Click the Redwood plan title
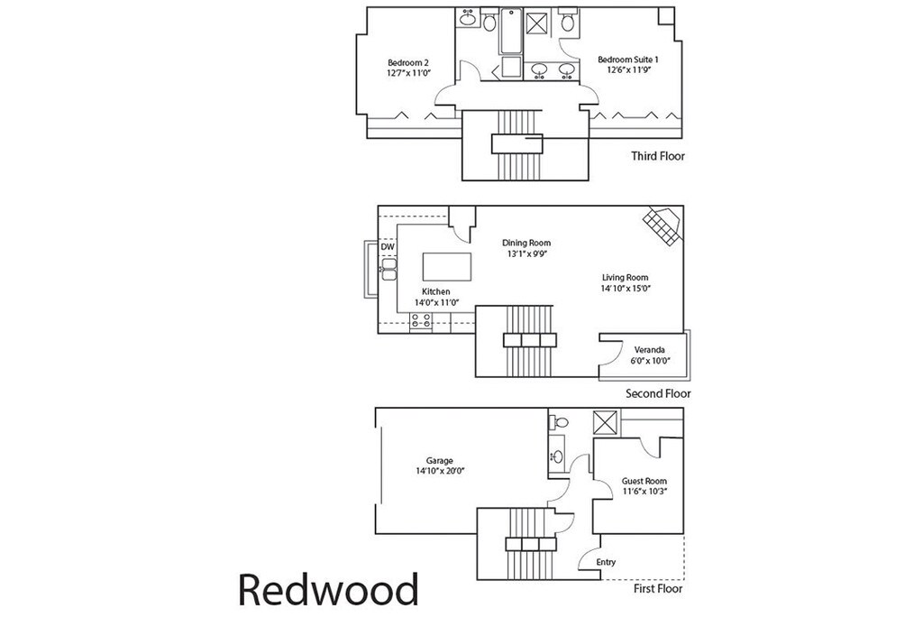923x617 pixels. click(328, 590)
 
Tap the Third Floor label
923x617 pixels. click(658, 156)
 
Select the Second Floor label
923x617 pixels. click(658, 393)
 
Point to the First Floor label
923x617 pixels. click(658, 588)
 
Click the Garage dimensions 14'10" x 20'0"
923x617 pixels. click(440, 471)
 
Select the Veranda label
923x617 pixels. click(649, 350)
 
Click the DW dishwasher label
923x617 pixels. click(388, 247)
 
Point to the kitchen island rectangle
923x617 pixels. click(447, 267)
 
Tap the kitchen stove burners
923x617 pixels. click(421, 320)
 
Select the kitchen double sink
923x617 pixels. click(388, 269)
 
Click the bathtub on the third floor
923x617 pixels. click(512, 32)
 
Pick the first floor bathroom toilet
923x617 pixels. click(560, 422)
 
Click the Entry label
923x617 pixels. click(606, 562)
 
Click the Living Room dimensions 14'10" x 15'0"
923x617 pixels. click(626, 289)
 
